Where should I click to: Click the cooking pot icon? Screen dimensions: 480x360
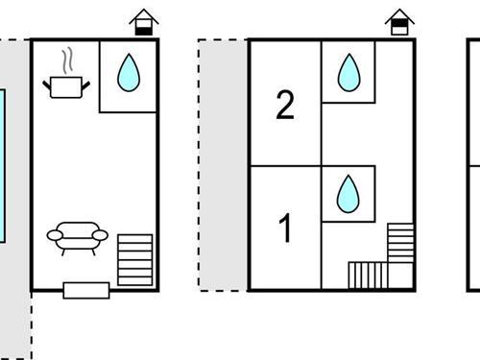click(66, 87)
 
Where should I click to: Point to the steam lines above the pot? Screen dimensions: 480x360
click(65, 62)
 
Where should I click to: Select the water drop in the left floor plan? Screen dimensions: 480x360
click(127, 72)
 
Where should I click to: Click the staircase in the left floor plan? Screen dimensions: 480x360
click(134, 258)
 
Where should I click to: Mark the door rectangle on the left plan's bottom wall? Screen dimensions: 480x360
click(86, 289)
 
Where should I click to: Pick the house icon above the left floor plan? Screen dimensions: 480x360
click(143, 22)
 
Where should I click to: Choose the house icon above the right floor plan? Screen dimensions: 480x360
click(398, 22)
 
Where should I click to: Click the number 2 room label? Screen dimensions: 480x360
click(284, 106)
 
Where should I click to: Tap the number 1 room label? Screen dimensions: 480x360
click(284, 229)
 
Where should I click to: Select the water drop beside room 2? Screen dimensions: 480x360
click(348, 72)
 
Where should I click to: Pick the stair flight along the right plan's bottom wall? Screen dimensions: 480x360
click(366, 275)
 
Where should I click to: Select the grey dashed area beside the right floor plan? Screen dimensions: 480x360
click(224, 163)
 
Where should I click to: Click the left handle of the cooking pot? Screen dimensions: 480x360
click(46, 84)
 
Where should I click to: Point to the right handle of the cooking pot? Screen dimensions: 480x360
click(86, 84)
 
